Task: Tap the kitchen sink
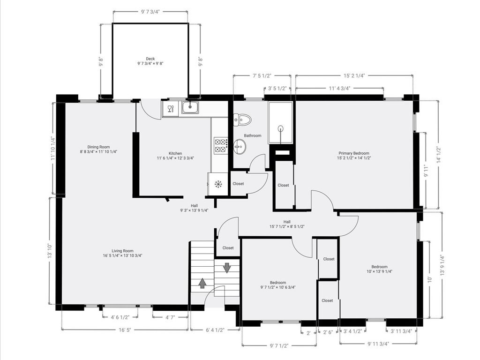(x=190, y=107)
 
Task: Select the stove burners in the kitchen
(x=221, y=146)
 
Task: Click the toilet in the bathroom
(x=242, y=120)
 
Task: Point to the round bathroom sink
(x=239, y=147)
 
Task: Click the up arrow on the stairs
(x=202, y=283)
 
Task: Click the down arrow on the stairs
(x=227, y=268)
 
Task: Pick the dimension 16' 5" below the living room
(x=125, y=330)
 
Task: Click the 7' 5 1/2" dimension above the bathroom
(x=262, y=75)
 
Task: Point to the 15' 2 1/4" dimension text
(x=354, y=75)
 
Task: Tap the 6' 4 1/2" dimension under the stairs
(x=215, y=330)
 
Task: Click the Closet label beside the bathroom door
(x=238, y=184)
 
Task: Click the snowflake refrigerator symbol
(x=218, y=184)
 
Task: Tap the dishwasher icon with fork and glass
(x=171, y=108)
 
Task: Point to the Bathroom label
(x=253, y=135)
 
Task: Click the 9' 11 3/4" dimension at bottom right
(x=378, y=344)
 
